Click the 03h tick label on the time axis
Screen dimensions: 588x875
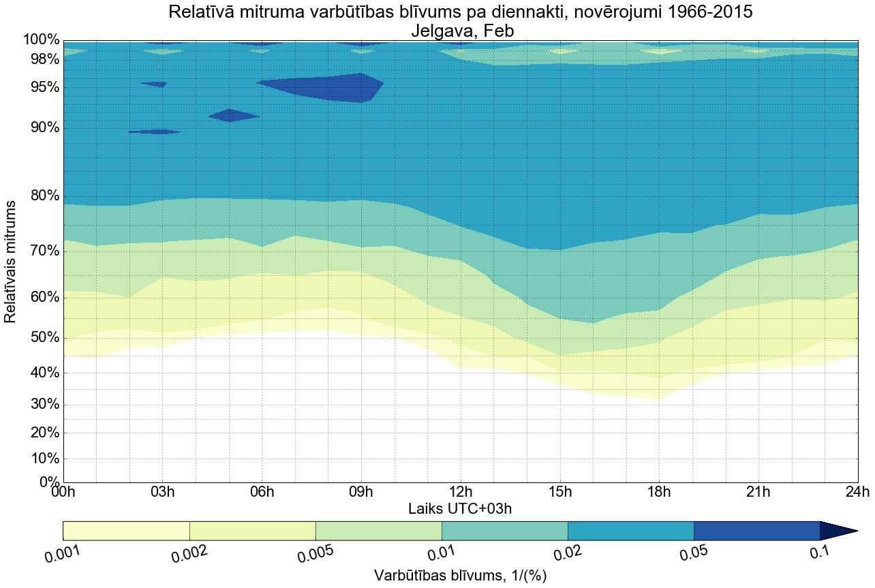tap(162, 492)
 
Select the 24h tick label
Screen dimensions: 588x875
tap(857, 492)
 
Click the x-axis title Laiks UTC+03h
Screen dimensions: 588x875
tap(461, 508)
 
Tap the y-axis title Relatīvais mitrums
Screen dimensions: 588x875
tap(11, 262)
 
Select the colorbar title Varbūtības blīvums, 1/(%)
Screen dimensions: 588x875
tap(461, 575)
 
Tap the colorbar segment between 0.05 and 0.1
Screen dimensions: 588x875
tap(756, 531)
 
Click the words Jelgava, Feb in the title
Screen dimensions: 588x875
tap(461, 31)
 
